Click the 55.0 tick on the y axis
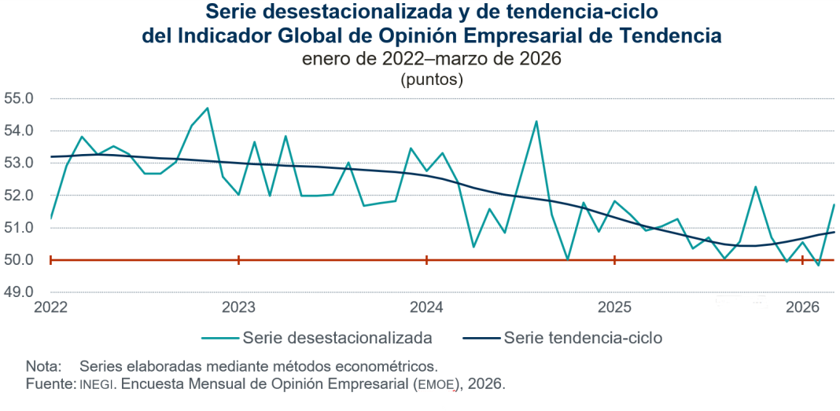tap(19, 99)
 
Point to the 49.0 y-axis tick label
tap(19, 292)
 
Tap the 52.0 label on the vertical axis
tap(19, 196)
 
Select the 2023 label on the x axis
tap(238, 307)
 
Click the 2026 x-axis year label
tap(803, 307)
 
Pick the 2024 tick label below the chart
tap(426, 307)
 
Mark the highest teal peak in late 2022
tap(207, 108)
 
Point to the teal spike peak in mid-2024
tap(536, 121)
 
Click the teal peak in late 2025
tap(756, 187)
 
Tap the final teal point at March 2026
tap(834, 204)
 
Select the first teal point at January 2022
tap(50, 218)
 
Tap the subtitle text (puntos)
tap(431, 79)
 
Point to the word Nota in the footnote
tap(42, 366)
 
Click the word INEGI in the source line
tap(98, 385)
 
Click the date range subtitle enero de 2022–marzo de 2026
tap(431, 60)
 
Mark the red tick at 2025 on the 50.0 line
tap(614, 260)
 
